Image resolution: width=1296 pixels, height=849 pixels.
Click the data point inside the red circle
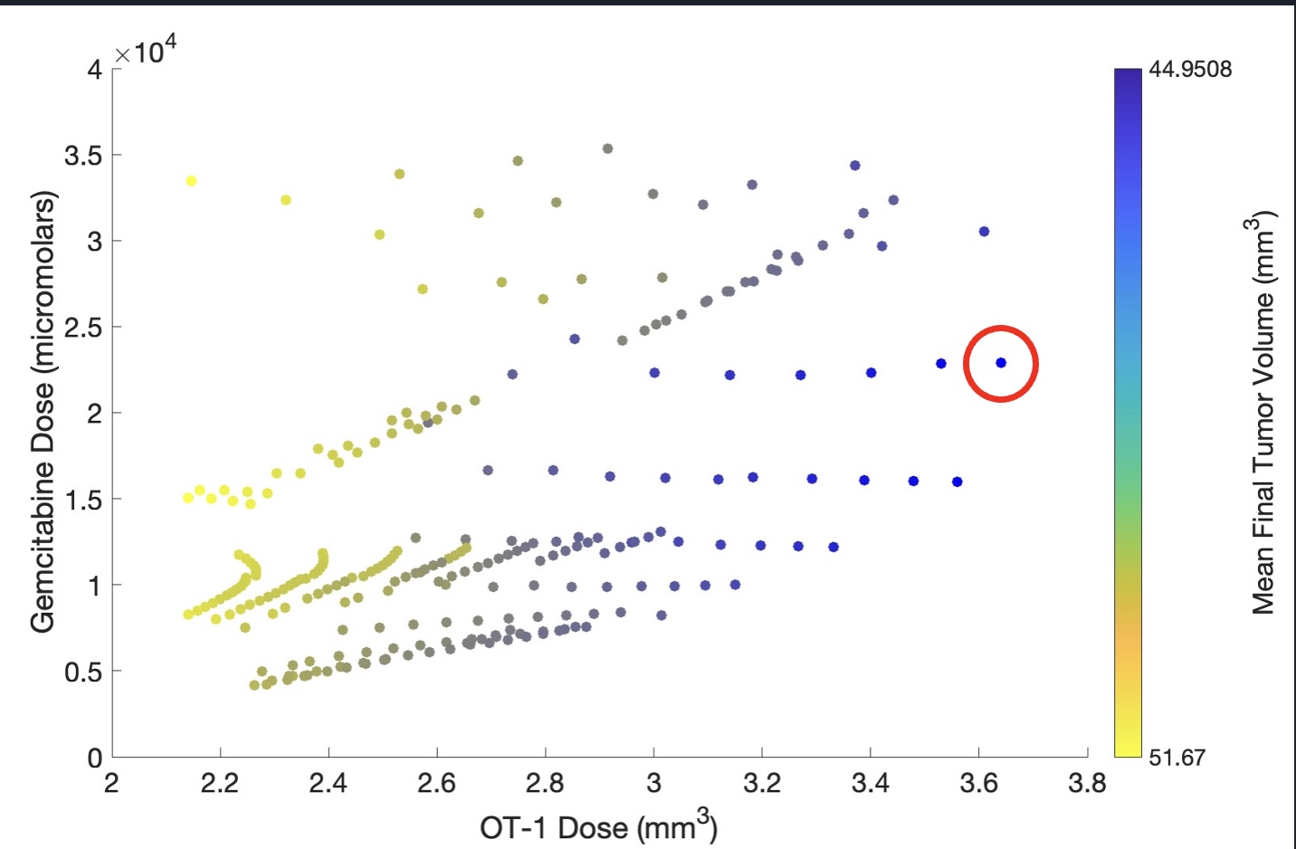(1001, 363)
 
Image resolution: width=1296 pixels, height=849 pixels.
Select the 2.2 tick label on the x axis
(219, 783)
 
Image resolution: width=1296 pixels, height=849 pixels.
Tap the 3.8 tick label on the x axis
(1086, 783)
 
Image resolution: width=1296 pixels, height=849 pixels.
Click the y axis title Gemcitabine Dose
(43, 412)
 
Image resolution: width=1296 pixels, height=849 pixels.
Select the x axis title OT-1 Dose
(598, 826)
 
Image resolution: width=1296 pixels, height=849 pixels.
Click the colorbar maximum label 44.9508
(1190, 70)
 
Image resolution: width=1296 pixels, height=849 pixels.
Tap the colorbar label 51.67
(1177, 757)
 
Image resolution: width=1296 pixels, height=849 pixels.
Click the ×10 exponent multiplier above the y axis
(146, 52)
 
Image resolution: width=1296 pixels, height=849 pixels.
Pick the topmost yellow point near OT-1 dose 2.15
(191, 181)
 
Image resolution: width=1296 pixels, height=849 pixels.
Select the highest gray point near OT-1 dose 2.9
(607, 148)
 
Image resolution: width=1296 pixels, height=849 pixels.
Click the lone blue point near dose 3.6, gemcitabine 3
(984, 232)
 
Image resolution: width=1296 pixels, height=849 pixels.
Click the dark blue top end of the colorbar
(1128, 78)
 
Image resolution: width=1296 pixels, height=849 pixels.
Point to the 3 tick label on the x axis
(653, 783)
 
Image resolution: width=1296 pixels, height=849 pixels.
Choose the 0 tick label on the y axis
(94, 758)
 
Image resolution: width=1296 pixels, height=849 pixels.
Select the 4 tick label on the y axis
(94, 70)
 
